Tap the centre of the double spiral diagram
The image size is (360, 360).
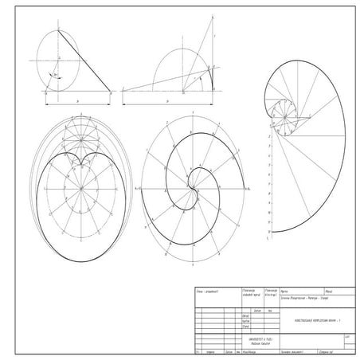tap(194, 190)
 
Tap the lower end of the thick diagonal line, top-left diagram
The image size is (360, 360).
tap(111, 92)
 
